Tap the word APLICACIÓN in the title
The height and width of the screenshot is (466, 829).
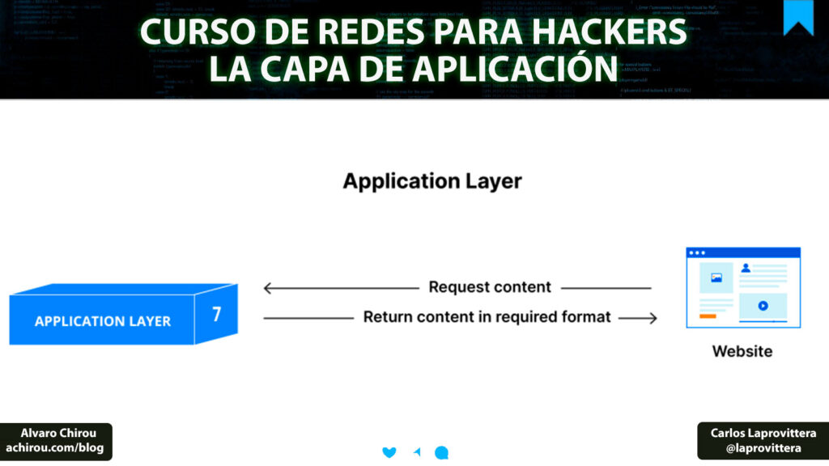[x=501, y=69]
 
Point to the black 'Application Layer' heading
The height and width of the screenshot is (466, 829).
[x=432, y=180]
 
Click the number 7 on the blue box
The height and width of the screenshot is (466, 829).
[x=217, y=314]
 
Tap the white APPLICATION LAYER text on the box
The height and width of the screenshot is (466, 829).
[x=103, y=321]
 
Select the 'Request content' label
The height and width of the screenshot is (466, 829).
[x=490, y=287]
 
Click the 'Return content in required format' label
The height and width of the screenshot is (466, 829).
[x=487, y=317]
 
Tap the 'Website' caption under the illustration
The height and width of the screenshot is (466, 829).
[x=742, y=351]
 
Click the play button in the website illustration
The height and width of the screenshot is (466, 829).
[x=763, y=307]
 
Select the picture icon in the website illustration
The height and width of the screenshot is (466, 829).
[x=716, y=277]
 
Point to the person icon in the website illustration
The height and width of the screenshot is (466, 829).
[x=746, y=267]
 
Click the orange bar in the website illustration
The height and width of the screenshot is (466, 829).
[x=708, y=316]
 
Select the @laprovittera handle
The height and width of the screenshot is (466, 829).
[x=763, y=447]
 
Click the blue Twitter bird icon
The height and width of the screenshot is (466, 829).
[x=389, y=452]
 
